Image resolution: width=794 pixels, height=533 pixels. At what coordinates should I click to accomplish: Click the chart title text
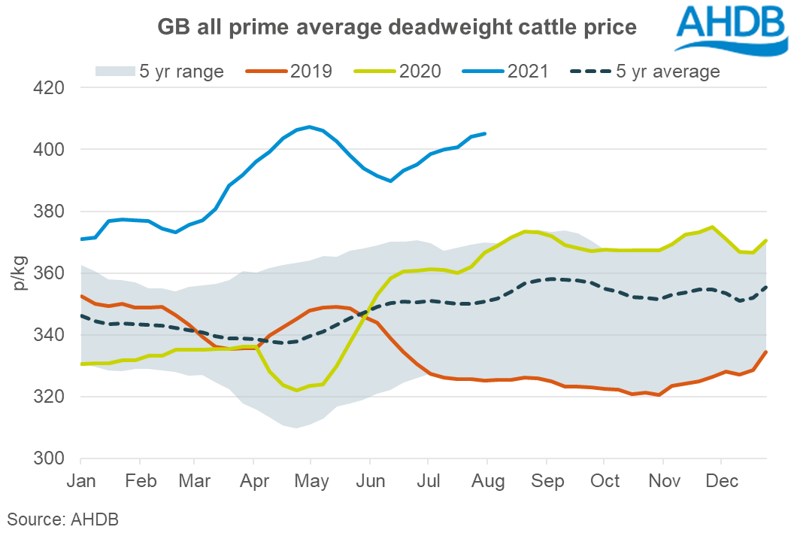[x=396, y=28]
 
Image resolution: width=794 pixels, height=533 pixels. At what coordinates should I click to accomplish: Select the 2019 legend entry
[x=289, y=72]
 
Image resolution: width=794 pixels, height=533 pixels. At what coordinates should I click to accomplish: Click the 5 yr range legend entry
[x=159, y=72]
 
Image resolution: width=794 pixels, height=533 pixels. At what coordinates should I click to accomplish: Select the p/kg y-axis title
[x=20, y=273]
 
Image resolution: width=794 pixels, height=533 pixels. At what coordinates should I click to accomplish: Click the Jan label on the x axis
[x=81, y=481]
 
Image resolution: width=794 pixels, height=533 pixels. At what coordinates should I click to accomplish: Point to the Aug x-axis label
[x=487, y=481]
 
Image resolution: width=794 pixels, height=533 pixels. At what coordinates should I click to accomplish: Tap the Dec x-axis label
[x=721, y=481]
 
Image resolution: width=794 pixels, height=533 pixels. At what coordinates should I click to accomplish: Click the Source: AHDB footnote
[x=63, y=519]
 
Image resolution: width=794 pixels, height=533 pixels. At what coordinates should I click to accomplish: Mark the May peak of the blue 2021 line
[x=309, y=126]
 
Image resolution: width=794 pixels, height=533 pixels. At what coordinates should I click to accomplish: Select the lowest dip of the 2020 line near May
[x=298, y=390]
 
